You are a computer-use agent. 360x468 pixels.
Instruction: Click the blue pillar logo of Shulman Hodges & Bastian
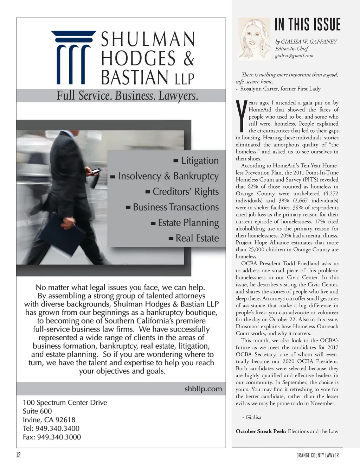(x=73, y=57)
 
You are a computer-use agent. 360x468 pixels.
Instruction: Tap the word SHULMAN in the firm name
(x=148, y=39)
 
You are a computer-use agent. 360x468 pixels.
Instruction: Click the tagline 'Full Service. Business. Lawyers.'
(x=127, y=96)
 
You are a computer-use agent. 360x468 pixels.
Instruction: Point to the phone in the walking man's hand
(x=96, y=172)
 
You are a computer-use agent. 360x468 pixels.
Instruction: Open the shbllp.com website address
(x=203, y=389)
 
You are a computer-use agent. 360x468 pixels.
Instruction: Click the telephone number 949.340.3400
(x=57, y=428)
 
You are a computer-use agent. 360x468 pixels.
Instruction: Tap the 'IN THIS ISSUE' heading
(x=307, y=25)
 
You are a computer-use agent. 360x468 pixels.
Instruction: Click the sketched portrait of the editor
(x=255, y=38)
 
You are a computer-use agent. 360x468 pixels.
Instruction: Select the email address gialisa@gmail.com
(x=294, y=56)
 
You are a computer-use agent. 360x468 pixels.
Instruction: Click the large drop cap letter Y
(x=241, y=115)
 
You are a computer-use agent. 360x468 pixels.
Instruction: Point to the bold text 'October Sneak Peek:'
(x=261, y=431)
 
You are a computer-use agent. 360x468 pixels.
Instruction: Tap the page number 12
(x=18, y=455)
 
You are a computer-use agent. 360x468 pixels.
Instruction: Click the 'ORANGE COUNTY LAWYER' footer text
(x=317, y=455)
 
